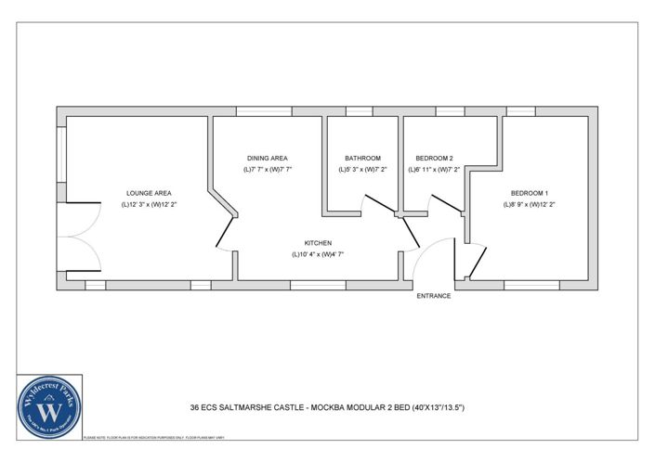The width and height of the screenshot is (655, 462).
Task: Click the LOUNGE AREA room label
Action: (x=149, y=193)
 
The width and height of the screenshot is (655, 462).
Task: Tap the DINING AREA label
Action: (x=268, y=159)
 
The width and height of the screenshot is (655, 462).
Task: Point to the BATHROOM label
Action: (x=362, y=159)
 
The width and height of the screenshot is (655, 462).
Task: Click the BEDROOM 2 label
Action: (x=434, y=159)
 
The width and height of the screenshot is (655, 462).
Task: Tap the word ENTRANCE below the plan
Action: (x=433, y=296)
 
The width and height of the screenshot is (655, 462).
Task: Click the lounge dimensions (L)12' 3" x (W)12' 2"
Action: (x=149, y=204)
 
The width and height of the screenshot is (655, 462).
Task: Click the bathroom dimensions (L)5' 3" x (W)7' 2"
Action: (x=362, y=170)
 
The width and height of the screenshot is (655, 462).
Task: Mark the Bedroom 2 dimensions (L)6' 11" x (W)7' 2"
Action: (x=434, y=170)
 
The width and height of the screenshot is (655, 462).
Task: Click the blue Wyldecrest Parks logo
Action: (x=49, y=404)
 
